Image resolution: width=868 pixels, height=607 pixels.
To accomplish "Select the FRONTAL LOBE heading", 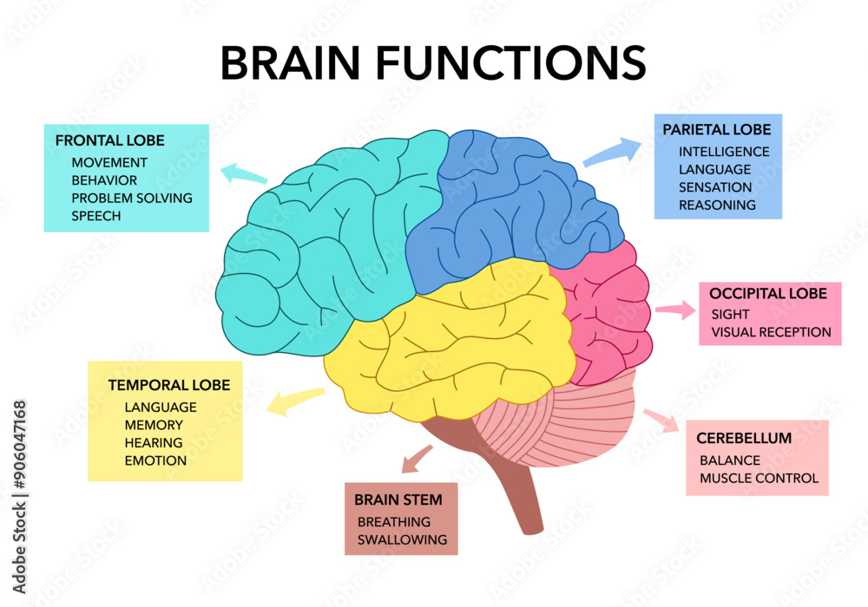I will (x=109, y=140).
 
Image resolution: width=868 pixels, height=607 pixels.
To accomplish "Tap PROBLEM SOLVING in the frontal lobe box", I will (x=132, y=198).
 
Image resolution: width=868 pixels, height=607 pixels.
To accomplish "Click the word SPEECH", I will (x=96, y=216).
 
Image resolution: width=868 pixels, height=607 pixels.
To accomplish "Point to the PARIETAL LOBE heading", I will (x=716, y=130).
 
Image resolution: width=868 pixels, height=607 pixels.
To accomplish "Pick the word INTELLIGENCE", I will (x=723, y=152).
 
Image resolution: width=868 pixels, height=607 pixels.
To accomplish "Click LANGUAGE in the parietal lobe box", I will (x=715, y=169).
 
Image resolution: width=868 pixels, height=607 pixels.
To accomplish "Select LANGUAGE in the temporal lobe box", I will (x=161, y=407).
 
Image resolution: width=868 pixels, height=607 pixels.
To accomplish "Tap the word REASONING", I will (x=717, y=206).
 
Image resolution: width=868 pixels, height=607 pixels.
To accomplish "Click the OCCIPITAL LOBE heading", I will (x=768, y=294).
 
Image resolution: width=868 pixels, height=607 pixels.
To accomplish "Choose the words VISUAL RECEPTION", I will (x=771, y=332).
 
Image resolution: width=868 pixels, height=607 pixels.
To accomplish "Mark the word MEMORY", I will (x=154, y=425).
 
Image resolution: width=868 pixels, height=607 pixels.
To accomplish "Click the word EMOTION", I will (x=155, y=460).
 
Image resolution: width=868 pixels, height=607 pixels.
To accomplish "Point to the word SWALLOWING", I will (x=402, y=539).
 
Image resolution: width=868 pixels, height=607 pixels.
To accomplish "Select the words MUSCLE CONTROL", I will (x=759, y=478).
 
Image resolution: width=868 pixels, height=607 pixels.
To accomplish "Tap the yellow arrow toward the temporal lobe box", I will (x=295, y=401).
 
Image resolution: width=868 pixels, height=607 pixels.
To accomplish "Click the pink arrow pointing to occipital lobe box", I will (x=675, y=310).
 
